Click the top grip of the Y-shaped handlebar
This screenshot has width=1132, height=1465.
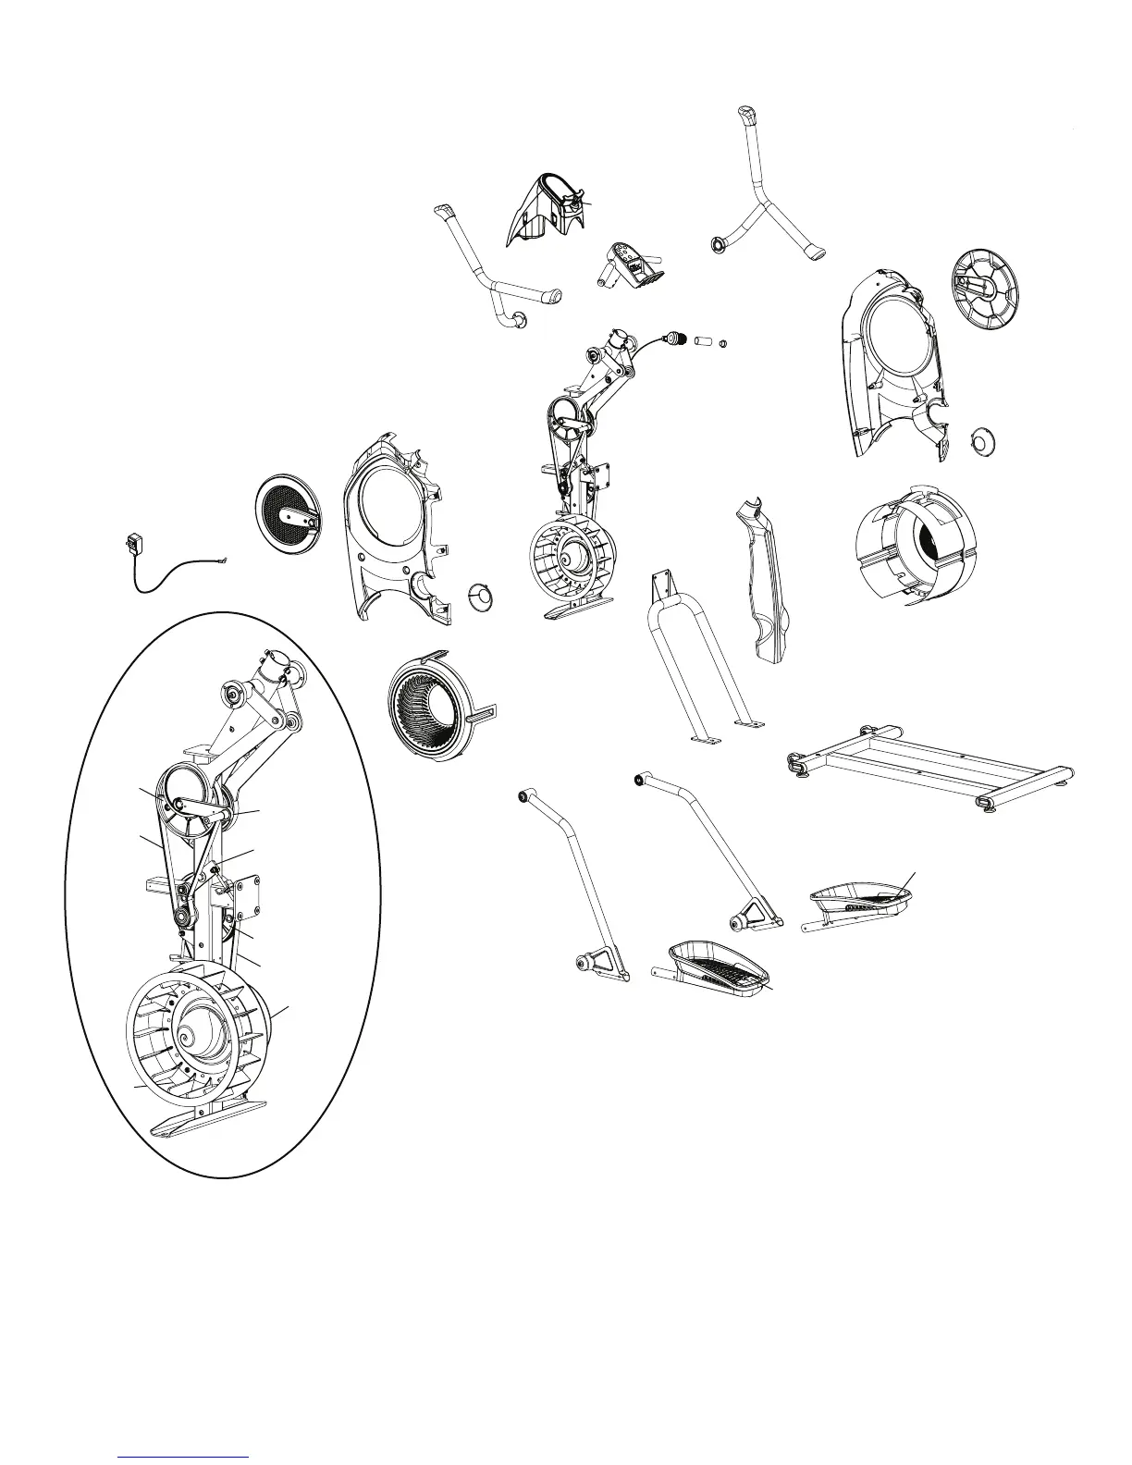[x=745, y=119]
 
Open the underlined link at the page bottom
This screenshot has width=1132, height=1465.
[x=184, y=1456]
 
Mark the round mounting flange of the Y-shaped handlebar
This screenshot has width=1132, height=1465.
[x=717, y=245]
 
